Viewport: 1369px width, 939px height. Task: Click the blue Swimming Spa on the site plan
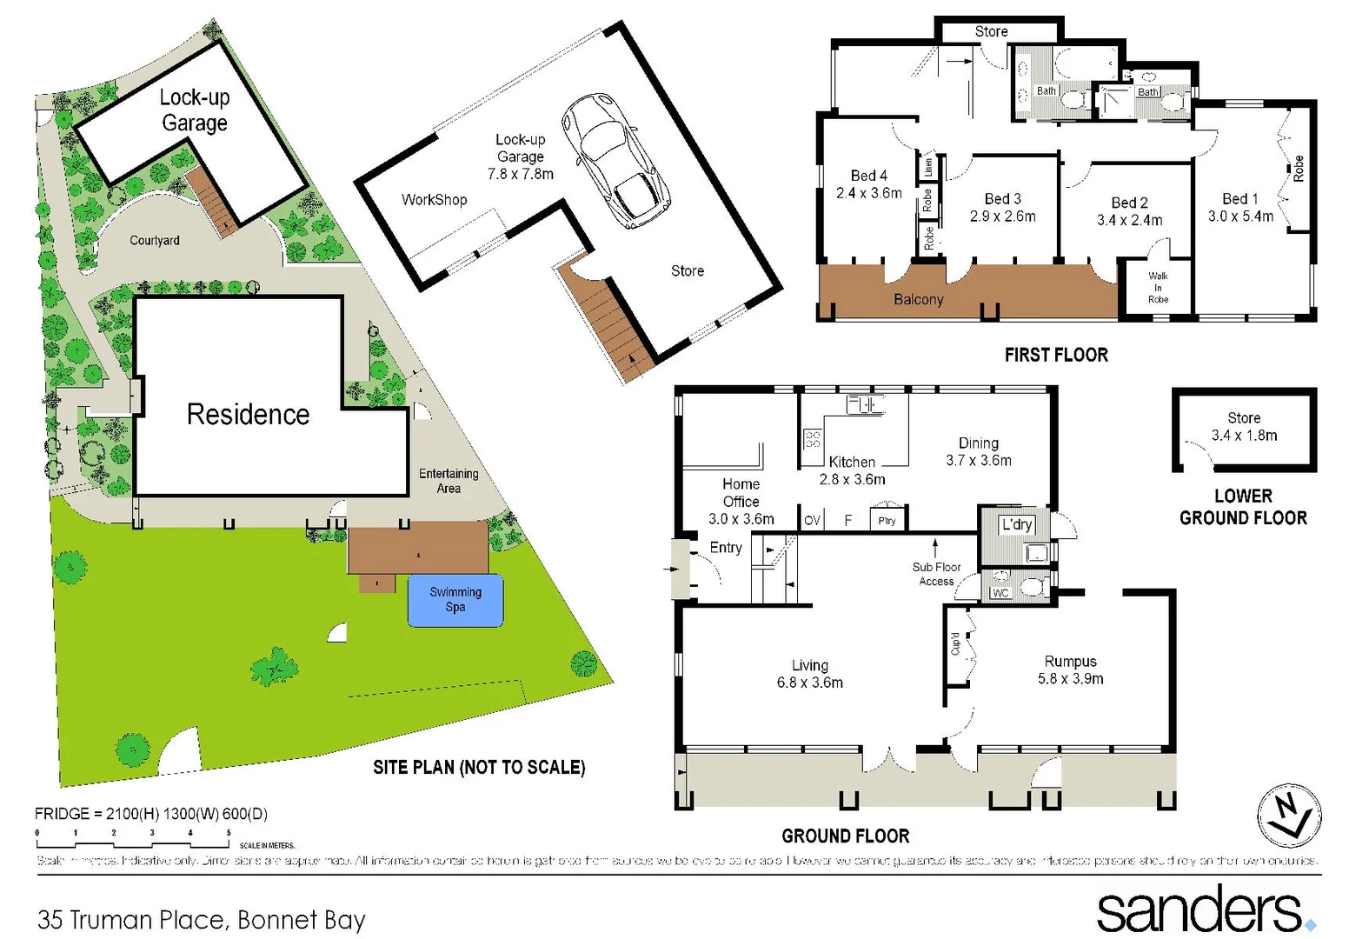[455, 600]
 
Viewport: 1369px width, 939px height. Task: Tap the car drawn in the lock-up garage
[615, 161]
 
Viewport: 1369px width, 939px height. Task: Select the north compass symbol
[1289, 816]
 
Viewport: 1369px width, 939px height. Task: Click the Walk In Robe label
[1158, 288]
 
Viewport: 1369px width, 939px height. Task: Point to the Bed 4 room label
[868, 184]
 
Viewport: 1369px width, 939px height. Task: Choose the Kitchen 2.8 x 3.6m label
[852, 470]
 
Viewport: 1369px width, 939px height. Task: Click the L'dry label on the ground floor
[1016, 524]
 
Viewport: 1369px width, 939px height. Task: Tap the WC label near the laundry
[1000, 593]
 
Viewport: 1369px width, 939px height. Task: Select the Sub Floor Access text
[936, 574]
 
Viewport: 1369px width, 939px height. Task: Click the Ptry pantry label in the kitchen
[887, 520]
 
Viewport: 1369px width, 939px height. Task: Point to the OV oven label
[812, 521]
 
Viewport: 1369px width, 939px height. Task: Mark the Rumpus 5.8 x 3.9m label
[1070, 670]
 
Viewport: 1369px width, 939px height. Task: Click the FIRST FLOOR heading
[1056, 355]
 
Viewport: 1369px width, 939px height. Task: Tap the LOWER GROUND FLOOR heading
[1243, 507]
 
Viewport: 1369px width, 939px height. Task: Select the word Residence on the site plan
[248, 415]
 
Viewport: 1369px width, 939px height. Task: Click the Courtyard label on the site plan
[155, 240]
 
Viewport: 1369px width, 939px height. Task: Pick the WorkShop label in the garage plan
[434, 200]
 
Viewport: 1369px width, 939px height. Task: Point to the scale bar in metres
[133, 839]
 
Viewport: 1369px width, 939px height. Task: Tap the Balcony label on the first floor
[918, 300]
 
